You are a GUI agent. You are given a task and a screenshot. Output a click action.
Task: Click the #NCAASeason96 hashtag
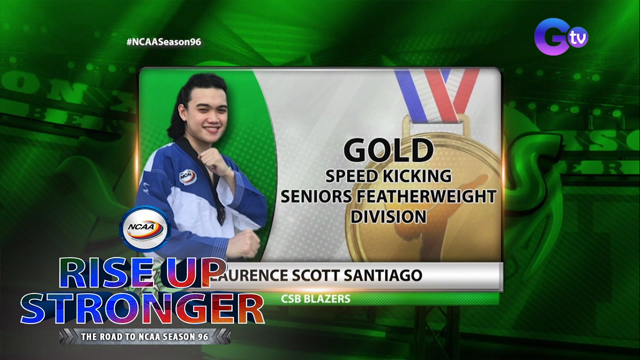point(164,42)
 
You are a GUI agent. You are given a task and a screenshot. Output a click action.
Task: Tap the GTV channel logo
point(560,36)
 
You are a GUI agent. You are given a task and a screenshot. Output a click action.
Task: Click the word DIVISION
point(388,216)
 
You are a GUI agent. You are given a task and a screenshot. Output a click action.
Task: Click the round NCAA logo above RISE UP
point(145,229)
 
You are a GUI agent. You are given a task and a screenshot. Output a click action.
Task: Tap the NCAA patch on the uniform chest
point(187,176)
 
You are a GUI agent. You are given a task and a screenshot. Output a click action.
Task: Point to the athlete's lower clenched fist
point(243,244)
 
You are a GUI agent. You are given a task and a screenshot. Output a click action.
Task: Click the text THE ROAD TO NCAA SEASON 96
point(145,336)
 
